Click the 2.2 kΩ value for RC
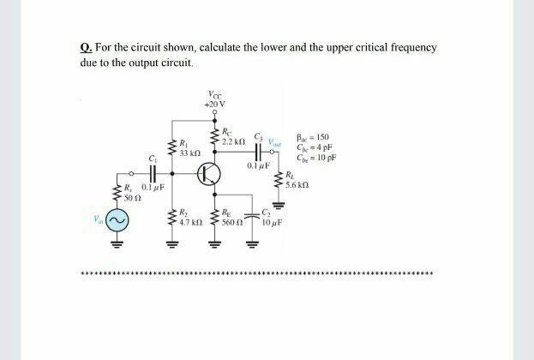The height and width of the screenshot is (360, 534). (233, 139)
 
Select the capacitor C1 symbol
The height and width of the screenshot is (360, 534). (154, 174)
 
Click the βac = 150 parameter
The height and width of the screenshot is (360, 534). (306, 137)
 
